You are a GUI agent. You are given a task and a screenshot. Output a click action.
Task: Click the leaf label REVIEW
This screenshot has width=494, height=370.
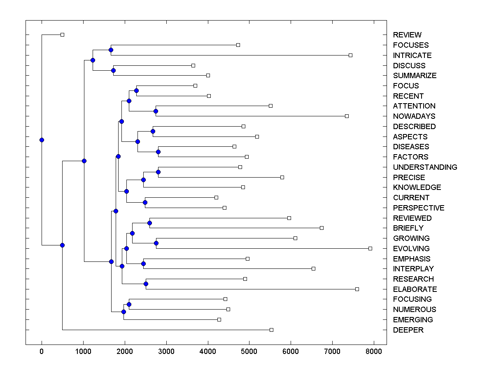407,35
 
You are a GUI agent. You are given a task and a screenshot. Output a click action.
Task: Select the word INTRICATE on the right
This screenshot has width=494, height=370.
412,55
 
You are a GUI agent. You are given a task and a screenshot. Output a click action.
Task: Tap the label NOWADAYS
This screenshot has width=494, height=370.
414,116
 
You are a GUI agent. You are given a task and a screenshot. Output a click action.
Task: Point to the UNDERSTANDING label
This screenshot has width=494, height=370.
425,167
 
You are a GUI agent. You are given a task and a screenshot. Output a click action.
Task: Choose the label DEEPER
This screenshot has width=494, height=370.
408,330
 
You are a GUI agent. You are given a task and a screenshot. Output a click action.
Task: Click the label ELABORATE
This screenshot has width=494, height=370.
415,289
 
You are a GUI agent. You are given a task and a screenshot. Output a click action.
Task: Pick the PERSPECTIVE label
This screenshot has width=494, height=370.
418,208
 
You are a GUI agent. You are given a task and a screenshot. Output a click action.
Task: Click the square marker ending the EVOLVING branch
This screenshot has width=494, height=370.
370,248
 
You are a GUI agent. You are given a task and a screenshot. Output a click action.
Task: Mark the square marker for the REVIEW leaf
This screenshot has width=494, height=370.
62,35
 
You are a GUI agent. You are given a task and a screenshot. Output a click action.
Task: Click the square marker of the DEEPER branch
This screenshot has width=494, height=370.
271,330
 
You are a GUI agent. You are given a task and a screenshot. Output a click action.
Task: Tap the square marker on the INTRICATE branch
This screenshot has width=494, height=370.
350,55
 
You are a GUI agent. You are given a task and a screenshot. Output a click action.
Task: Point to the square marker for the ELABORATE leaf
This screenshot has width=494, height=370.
357,289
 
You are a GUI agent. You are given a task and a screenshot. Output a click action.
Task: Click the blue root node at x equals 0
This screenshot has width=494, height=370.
42,140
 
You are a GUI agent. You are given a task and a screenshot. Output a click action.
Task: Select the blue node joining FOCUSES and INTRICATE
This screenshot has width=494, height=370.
111,50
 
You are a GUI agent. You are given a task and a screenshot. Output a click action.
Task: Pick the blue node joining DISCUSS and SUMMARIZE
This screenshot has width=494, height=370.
113,70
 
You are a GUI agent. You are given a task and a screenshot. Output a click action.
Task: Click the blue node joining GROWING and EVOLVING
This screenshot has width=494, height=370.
156,243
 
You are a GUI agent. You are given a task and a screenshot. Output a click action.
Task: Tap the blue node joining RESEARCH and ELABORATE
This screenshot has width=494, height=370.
146,284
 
